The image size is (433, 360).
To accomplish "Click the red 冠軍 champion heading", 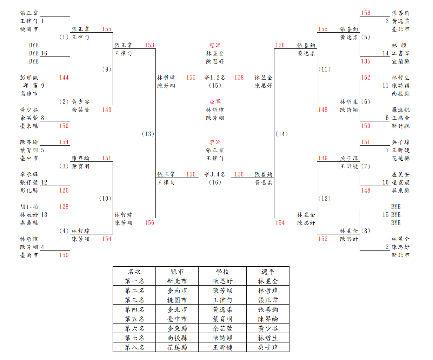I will click(215, 45).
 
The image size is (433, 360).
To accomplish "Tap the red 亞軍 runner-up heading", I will click(215, 102).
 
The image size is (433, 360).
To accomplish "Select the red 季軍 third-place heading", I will click(215, 142).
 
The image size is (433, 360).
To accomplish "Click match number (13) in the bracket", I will click(148, 134).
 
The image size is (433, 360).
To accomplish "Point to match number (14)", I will click(281, 134).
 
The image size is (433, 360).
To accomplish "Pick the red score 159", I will click(64, 255).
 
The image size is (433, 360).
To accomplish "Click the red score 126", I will click(64, 191).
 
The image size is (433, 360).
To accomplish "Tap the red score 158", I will click(239, 78).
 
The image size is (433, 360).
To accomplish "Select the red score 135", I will click(366, 61).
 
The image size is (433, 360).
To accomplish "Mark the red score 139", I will click(323, 158).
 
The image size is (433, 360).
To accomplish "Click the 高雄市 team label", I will click(29, 94).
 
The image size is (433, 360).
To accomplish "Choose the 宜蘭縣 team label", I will click(400, 61).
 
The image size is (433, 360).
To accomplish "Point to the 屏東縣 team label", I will click(400, 191).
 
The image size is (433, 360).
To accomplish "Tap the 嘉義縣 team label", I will click(29, 223).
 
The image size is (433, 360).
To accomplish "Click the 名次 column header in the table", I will click(134, 272).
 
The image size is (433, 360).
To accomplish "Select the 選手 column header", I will click(268, 272).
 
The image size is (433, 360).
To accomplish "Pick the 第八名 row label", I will click(134, 347).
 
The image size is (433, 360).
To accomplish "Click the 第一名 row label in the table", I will click(134, 281).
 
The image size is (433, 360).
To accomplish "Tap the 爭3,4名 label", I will click(215, 174).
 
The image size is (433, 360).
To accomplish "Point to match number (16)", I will click(215, 182).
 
